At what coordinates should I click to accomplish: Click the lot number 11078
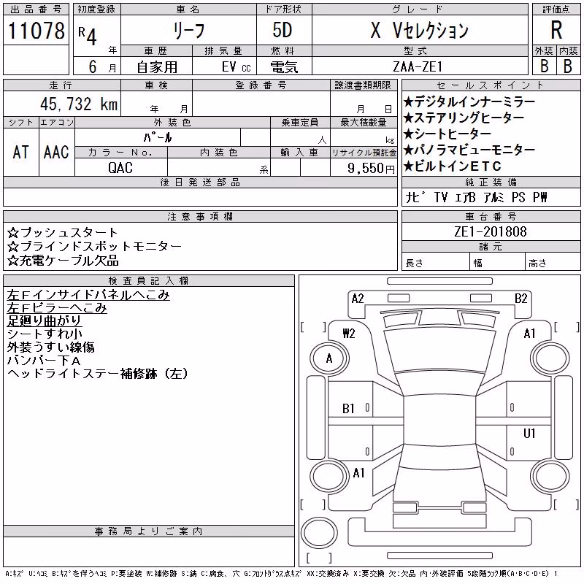[36, 31]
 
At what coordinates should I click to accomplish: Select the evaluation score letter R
[556, 30]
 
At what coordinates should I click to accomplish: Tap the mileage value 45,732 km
[79, 104]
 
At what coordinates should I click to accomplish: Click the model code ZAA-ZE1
[418, 66]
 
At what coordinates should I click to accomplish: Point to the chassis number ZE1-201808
[490, 231]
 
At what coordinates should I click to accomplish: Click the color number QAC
[120, 168]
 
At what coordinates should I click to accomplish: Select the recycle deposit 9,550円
[371, 169]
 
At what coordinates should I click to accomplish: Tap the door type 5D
[282, 30]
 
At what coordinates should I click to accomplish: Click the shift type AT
[20, 153]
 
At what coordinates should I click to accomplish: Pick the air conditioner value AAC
[56, 153]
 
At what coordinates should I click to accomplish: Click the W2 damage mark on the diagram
[349, 334]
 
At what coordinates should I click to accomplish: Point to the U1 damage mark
[529, 433]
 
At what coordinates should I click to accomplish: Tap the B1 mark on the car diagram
[348, 409]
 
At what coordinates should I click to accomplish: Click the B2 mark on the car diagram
[520, 299]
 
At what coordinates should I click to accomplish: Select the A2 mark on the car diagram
[358, 299]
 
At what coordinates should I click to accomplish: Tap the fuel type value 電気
[284, 67]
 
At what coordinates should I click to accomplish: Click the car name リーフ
[189, 31]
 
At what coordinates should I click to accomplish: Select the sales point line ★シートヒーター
[447, 134]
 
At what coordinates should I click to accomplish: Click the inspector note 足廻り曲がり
[44, 320]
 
